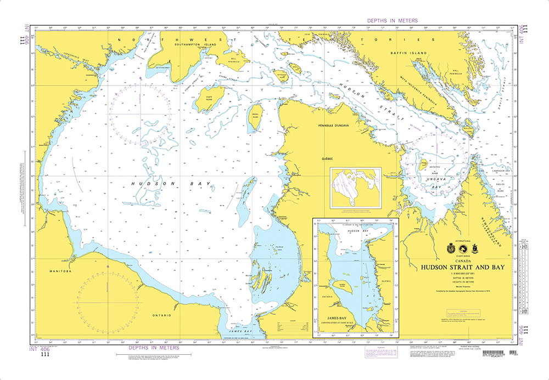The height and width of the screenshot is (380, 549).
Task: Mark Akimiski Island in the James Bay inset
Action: click(339, 286)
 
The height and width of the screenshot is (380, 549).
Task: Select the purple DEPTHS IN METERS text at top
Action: click(392, 21)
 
